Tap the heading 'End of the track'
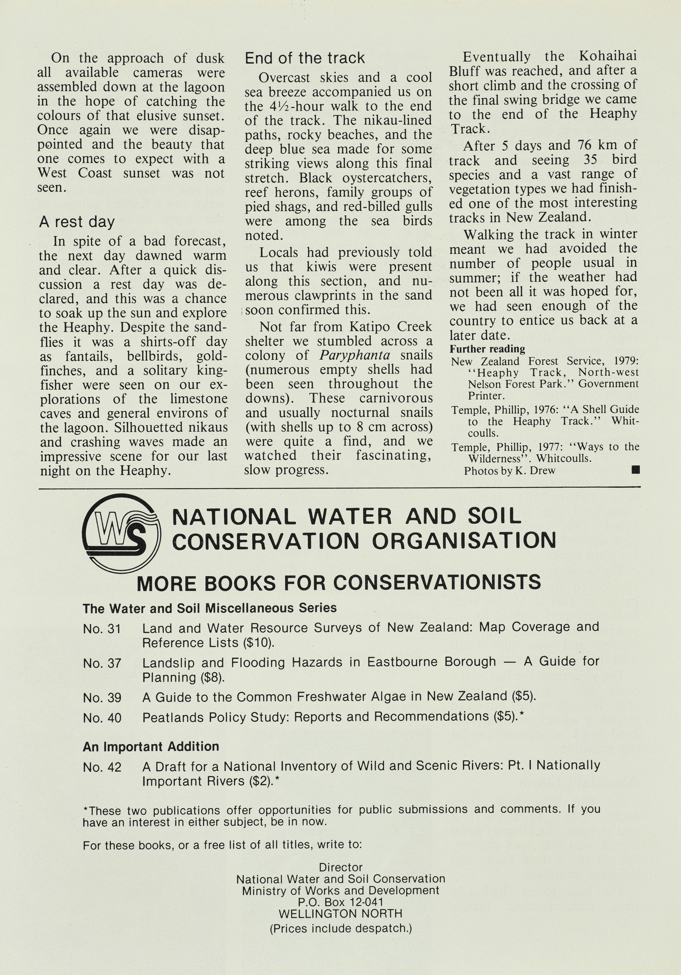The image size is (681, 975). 305,58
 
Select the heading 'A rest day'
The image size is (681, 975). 77,222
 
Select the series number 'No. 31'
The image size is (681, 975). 102,628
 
